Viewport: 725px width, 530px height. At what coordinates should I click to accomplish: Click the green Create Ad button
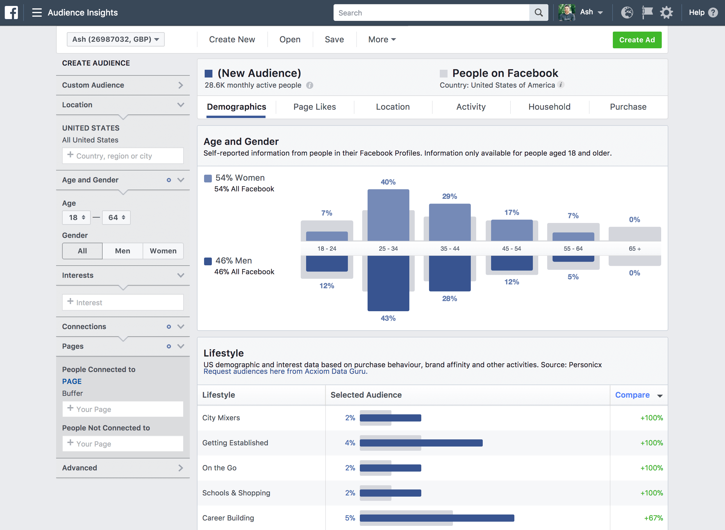pos(637,40)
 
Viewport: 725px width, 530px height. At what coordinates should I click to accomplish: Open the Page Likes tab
pos(314,107)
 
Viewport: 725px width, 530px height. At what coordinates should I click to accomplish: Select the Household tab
pos(549,107)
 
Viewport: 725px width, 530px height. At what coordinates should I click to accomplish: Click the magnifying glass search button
pos(539,13)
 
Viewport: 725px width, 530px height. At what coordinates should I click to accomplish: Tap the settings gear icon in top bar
pos(666,13)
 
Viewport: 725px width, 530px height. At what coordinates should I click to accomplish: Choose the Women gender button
pos(163,251)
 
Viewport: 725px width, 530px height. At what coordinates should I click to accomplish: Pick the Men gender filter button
pos(122,251)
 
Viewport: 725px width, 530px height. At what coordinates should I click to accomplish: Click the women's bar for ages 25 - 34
pos(388,215)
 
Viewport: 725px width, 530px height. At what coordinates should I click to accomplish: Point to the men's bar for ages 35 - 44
pos(450,273)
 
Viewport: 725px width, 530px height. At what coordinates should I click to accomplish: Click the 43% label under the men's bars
pos(388,318)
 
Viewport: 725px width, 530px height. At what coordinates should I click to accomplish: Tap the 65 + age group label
pos(635,249)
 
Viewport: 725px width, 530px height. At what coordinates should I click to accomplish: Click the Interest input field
pos(123,303)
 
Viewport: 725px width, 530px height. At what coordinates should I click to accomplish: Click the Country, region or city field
pos(123,156)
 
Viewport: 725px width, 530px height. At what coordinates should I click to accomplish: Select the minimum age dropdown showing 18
pos(76,218)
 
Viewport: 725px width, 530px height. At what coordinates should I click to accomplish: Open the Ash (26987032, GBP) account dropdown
pos(115,39)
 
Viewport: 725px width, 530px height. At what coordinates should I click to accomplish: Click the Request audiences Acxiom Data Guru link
pos(285,371)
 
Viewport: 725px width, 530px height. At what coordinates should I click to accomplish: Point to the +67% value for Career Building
pos(653,518)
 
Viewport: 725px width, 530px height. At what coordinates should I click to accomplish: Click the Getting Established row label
pos(235,443)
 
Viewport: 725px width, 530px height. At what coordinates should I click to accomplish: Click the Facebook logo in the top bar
pos(11,13)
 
